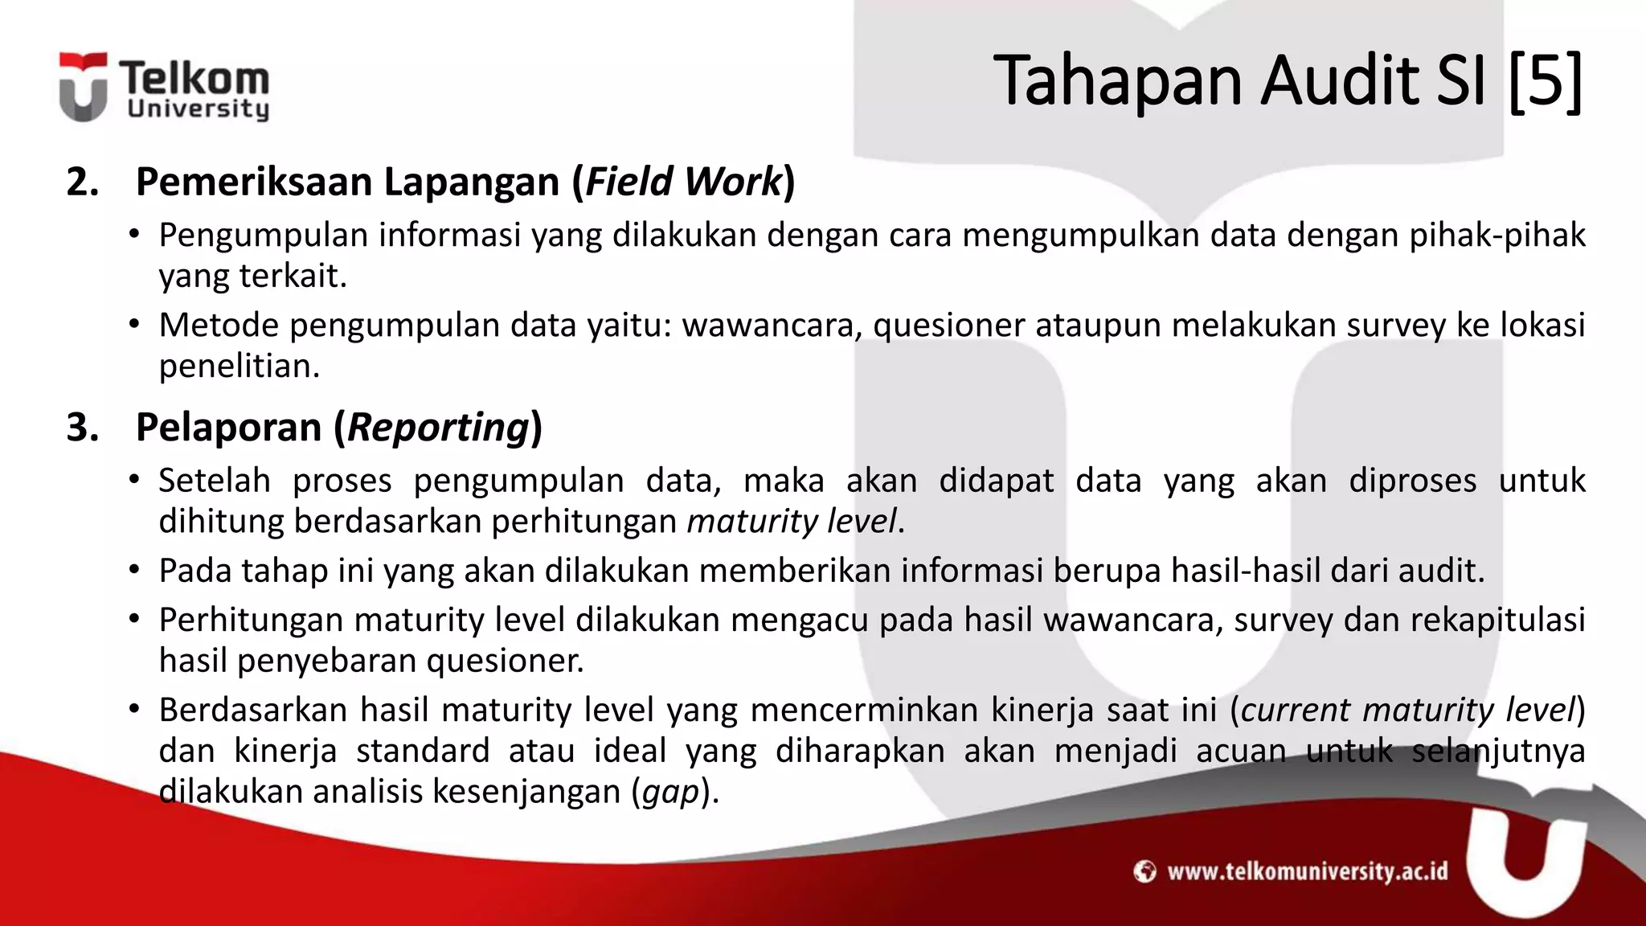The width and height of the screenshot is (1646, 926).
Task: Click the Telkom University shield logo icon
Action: [x=83, y=87]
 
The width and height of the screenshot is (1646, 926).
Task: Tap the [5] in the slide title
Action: [x=1545, y=80]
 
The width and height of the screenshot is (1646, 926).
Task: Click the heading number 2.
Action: [x=82, y=182]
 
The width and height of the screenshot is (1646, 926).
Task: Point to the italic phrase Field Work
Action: [x=683, y=182]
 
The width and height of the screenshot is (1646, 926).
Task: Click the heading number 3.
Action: [x=82, y=427]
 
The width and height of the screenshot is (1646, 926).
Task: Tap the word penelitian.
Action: [x=239, y=366]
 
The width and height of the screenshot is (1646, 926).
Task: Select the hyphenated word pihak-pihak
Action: [x=1497, y=235]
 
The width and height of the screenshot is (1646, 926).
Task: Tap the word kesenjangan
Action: [x=526, y=791]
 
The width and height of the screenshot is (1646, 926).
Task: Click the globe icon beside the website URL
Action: [x=1144, y=871]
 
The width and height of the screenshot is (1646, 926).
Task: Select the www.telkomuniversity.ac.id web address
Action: [x=1307, y=871]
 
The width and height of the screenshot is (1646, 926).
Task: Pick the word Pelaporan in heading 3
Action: [x=228, y=427]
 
